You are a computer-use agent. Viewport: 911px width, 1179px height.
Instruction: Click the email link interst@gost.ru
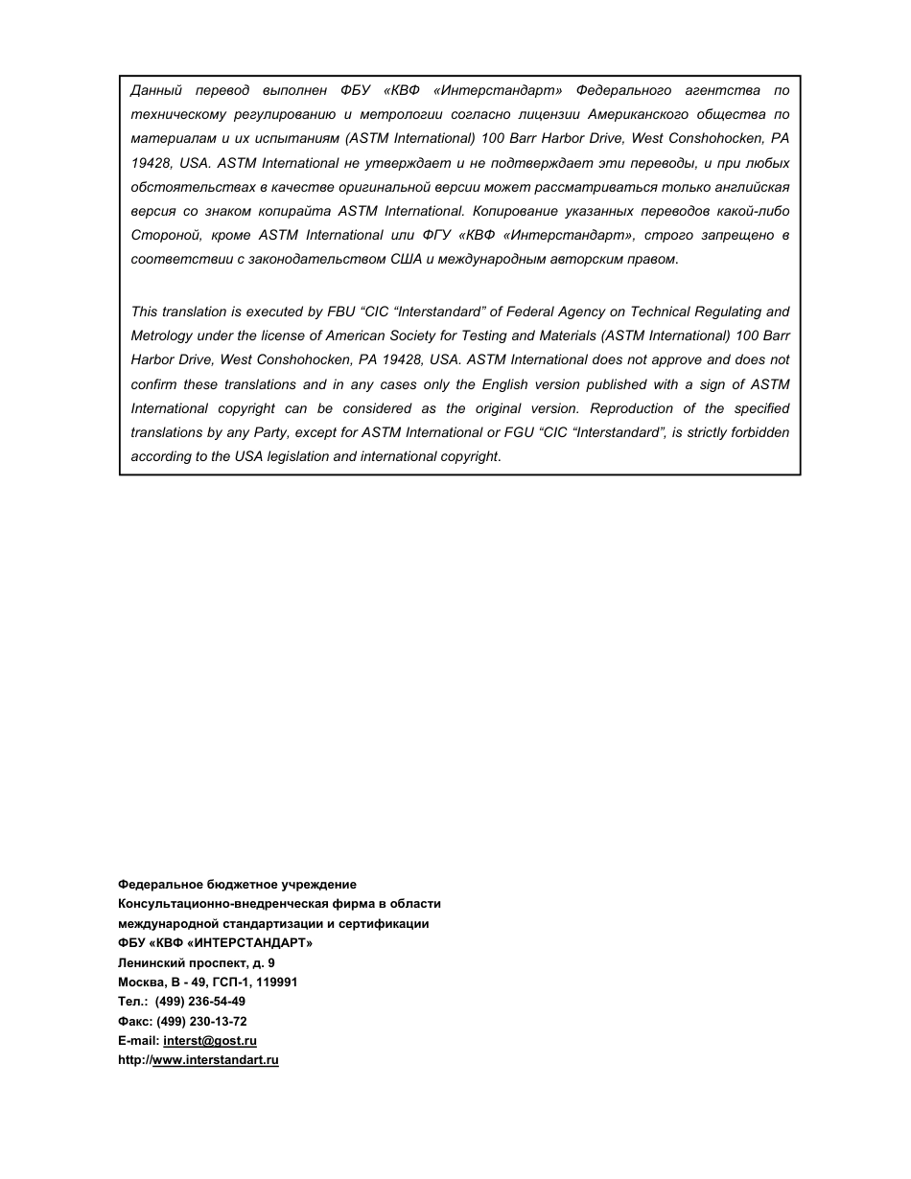(x=210, y=1040)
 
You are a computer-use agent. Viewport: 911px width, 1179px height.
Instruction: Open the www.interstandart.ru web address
(x=216, y=1060)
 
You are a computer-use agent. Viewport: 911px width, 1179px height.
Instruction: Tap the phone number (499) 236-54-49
(x=199, y=1002)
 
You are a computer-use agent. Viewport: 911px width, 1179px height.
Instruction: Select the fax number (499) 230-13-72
(x=208, y=1021)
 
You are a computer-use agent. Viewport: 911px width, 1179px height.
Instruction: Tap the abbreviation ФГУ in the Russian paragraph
(x=436, y=235)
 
